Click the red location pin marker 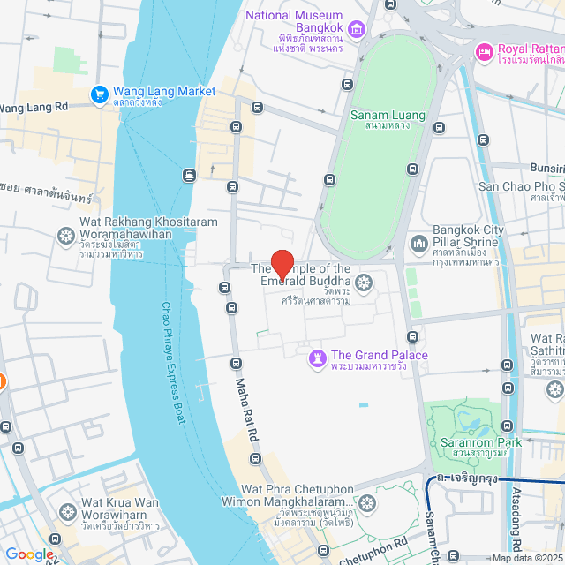coord(282,265)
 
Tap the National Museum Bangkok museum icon coord(358,32)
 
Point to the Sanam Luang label coord(388,116)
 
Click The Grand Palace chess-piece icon coord(316,358)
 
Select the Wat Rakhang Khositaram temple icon coord(65,237)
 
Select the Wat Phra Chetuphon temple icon coord(366,504)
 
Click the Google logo coord(29,554)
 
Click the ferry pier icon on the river coord(189,175)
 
